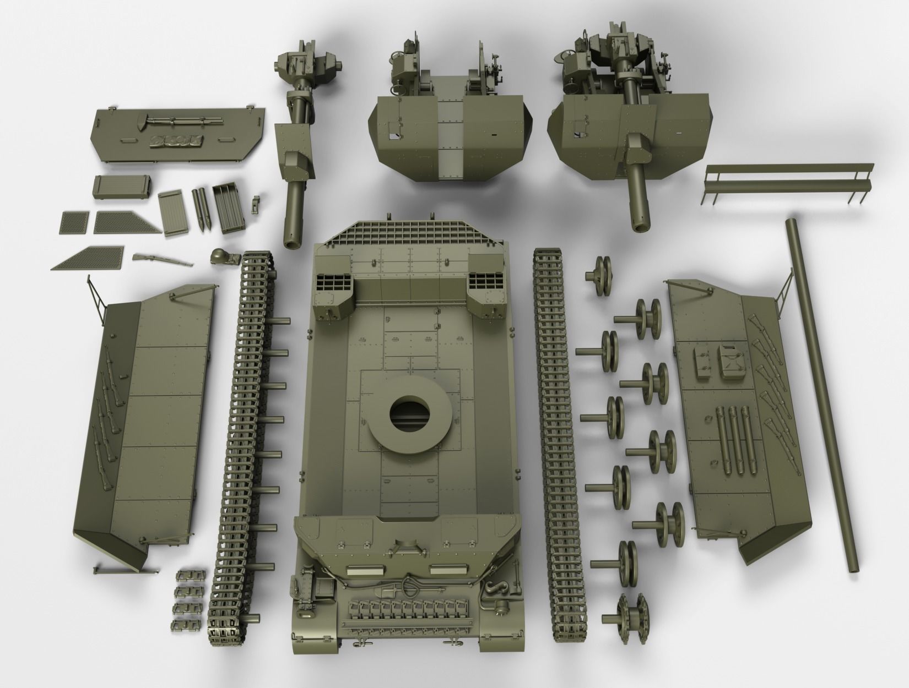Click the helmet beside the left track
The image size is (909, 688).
tap(219, 257)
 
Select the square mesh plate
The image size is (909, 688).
tap(73, 222)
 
